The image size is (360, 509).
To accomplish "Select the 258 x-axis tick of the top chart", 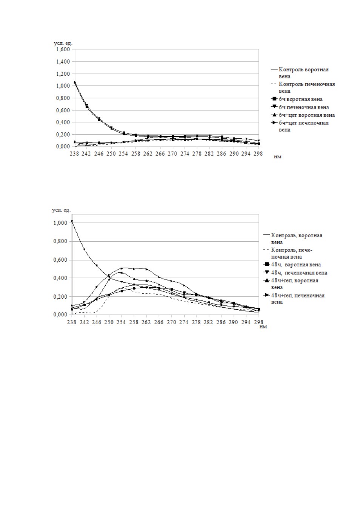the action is click(136, 154).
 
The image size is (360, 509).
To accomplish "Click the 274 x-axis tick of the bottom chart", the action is click(184, 322).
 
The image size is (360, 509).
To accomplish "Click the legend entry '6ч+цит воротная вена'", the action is click(303, 115).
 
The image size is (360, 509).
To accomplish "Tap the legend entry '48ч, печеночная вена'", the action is click(295, 273).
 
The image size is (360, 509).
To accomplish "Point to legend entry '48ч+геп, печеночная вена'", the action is click(294, 299).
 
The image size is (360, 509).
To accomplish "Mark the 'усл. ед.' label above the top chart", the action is click(63, 43).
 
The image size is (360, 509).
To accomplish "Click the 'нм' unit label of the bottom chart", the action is click(263, 327).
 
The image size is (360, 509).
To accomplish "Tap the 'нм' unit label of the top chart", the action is click(278, 156).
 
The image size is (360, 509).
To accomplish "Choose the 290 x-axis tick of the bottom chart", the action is click(234, 322).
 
